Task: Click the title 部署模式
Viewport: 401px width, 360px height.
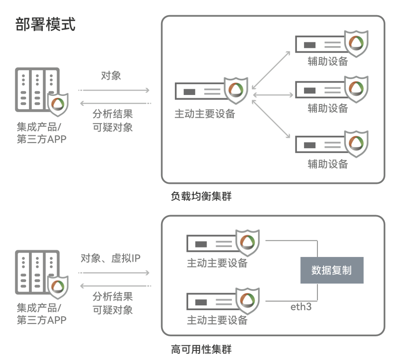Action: pyautogui.click(x=45, y=24)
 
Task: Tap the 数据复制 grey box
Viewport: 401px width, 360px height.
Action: pyautogui.click(x=332, y=271)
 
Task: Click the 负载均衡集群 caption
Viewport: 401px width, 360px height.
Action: pyautogui.click(x=201, y=196)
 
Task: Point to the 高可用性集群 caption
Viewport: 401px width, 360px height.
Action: pyautogui.click(x=201, y=350)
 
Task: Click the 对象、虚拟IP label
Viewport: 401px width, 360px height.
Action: pyautogui.click(x=111, y=258)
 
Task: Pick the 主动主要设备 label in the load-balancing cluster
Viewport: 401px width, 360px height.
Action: pyautogui.click(x=205, y=114)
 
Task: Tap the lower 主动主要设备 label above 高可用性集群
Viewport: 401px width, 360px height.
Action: pyautogui.click(x=217, y=320)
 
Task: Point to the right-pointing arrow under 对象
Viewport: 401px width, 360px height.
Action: pyautogui.click(x=114, y=89)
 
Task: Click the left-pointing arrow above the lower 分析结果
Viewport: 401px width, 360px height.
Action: pyautogui.click(x=114, y=285)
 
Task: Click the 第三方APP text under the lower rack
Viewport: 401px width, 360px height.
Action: pyautogui.click(x=42, y=320)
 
